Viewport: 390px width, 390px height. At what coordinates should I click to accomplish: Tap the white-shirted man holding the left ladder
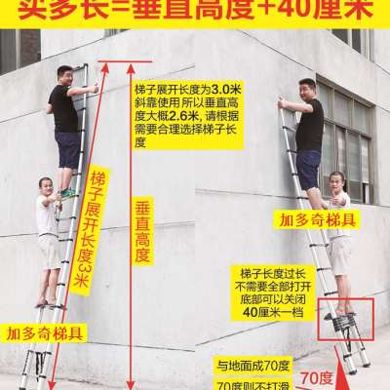[46, 234]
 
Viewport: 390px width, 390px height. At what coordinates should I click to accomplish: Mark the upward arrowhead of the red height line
[126, 64]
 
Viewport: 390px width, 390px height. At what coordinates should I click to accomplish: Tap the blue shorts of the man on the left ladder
[67, 149]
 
